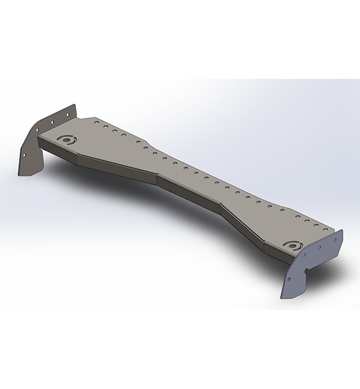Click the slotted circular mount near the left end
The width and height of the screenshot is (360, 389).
click(66, 140)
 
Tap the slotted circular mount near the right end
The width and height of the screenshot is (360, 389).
click(295, 246)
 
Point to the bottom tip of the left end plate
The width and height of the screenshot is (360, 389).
click(21, 173)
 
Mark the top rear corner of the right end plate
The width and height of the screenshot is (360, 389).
click(342, 231)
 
